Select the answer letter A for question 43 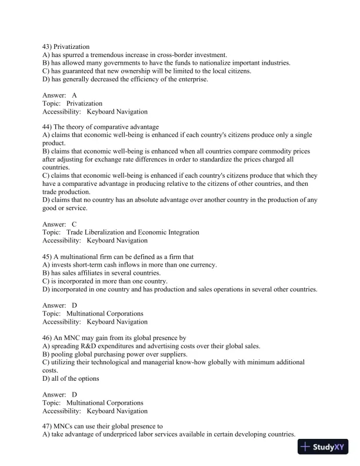pyautogui.click(x=74, y=95)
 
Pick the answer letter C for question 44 pyautogui.click(x=74, y=224)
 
